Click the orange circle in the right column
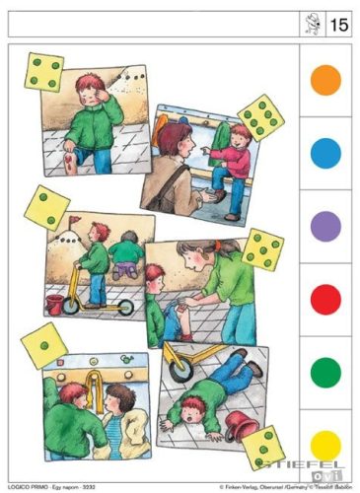coord(325,79)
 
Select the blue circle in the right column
coord(325,153)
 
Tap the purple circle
coord(325,226)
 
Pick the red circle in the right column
coord(325,299)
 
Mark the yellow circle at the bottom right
coord(325,447)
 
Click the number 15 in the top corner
coord(338,24)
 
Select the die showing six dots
coord(260,117)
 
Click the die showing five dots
coord(263,250)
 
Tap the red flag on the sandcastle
coord(75,219)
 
